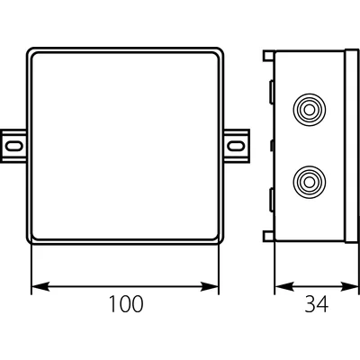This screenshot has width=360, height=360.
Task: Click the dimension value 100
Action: click(x=126, y=303)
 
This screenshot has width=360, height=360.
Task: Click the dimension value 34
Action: click(x=317, y=303)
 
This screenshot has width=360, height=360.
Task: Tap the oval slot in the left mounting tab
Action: click(x=14, y=146)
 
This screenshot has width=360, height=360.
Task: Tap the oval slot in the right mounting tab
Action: click(x=235, y=146)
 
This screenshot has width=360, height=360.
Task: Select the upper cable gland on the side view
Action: click(x=309, y=110)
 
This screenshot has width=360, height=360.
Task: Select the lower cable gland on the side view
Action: click(x=309, y=182)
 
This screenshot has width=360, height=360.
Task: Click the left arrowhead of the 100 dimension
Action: click(x=40, y=286)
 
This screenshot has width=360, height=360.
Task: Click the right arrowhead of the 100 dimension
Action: click(x=210, y=286)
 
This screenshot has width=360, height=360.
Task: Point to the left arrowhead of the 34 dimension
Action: click(x=283, y=286)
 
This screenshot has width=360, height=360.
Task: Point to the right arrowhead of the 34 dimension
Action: click(x=350, y=286)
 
